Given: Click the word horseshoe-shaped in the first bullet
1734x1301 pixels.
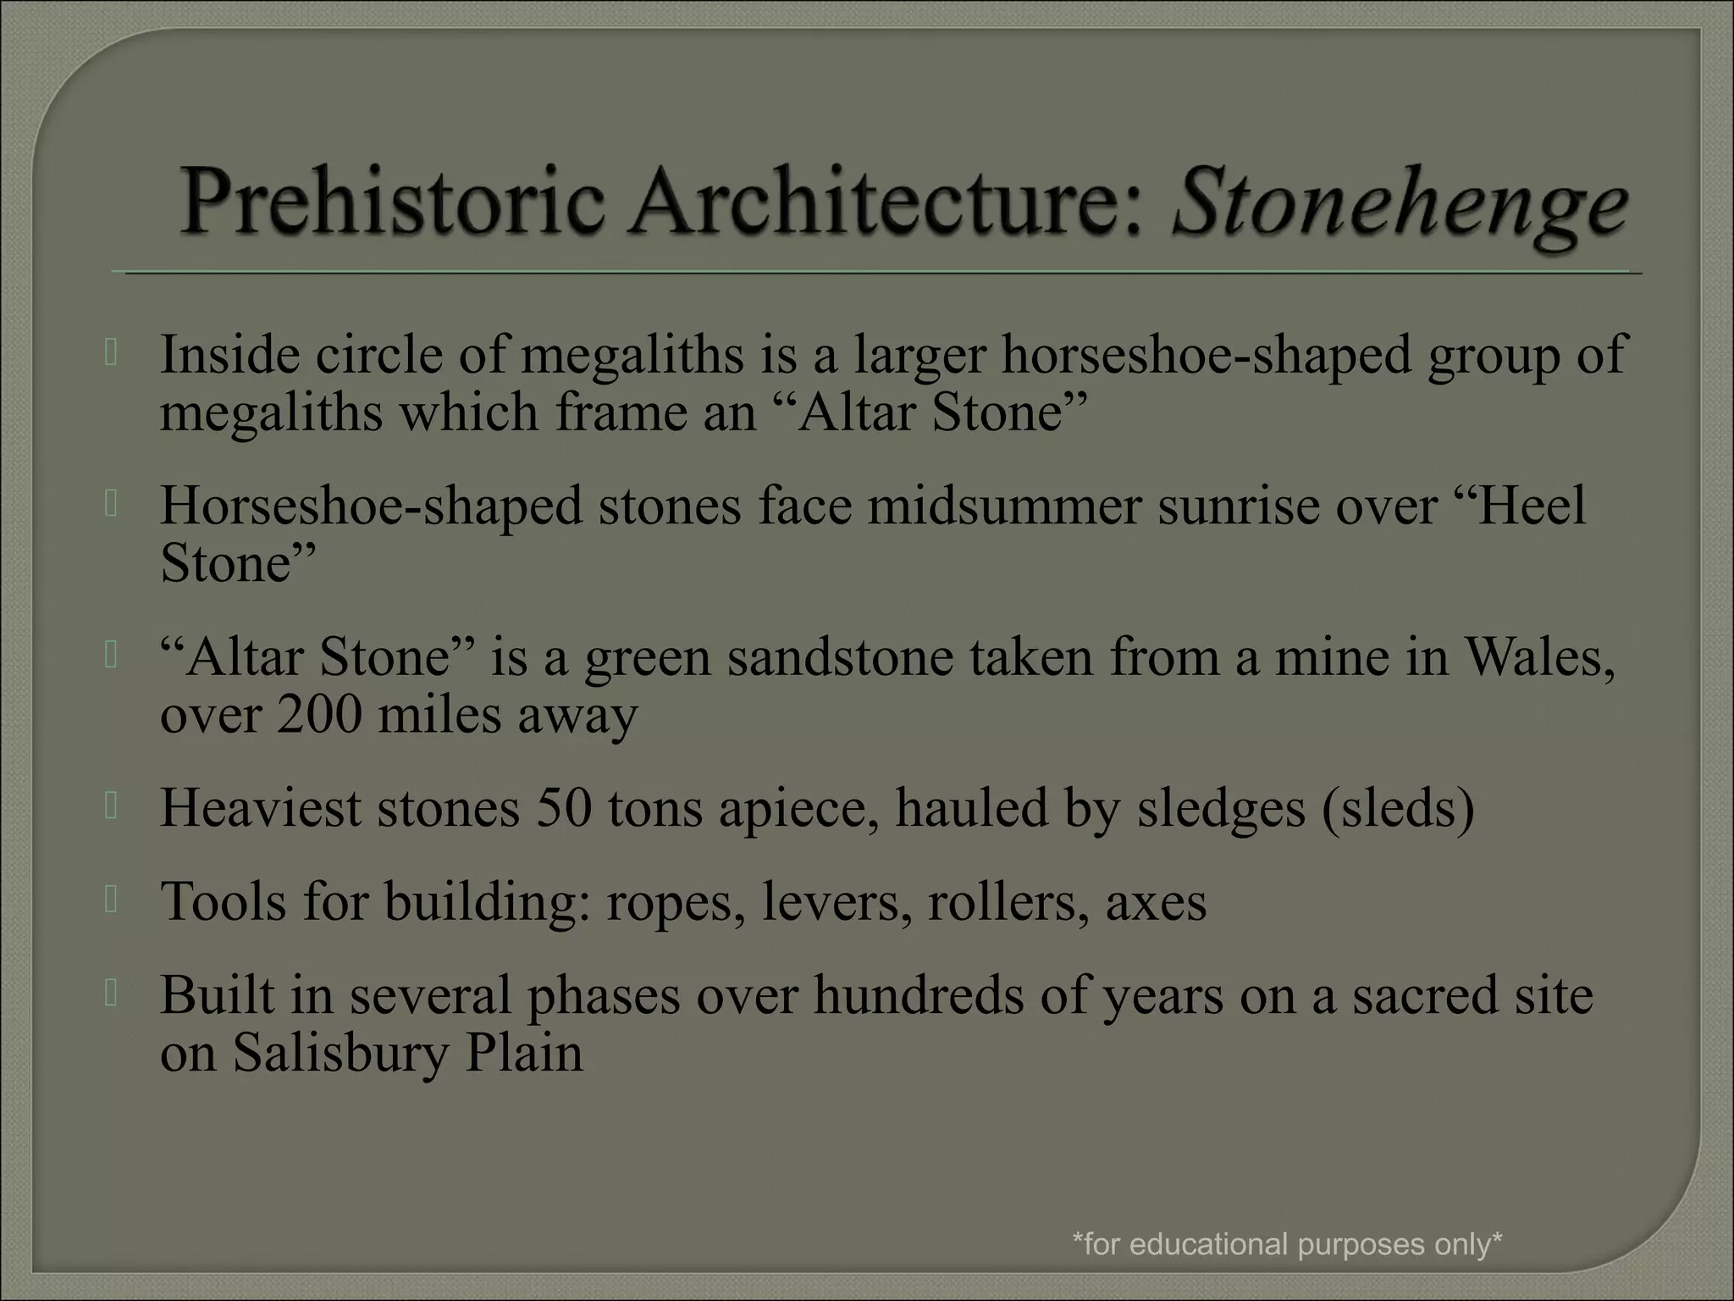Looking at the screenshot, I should click(1207, 355).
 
